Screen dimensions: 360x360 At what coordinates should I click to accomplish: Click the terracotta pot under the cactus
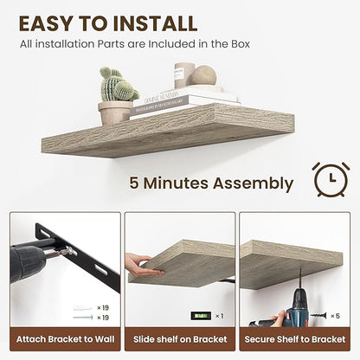(x=115, y=112)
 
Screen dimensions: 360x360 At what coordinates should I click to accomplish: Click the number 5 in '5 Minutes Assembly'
(x=135, y=183)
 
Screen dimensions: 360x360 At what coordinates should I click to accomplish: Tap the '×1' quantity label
(x=219, y=316)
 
